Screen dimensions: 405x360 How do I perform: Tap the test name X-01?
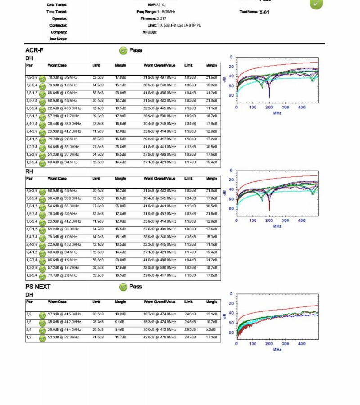pyautogui.click(x=264, y=12)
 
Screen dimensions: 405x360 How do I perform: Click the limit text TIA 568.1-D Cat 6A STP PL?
pyautogui.click(x=176, y=25)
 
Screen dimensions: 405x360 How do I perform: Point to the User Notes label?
pyautogui.click(x=58, y=39)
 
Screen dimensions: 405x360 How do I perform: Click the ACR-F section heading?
pyautogui.click(x=34, y=50)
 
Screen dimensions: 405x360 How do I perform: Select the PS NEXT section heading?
pyautogui.click(x=38, y=287)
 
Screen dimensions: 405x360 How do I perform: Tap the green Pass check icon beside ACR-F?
pyautogui.click(x=123, y=50)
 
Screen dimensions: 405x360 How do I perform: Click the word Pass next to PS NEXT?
pyautogui.click(x=135, y=287)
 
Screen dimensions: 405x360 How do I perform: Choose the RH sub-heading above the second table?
pyautogui.click(x=29, y=171)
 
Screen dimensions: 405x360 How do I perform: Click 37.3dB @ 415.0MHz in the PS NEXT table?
pyautogui.click(x=64, y=314)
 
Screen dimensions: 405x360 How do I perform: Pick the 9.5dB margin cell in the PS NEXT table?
pyautogui.click(x=211, y=329)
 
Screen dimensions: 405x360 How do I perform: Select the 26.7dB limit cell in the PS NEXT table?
pyautogui.click(x=98, y=322)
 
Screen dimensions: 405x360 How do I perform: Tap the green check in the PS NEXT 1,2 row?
pyautogui.click(x=42, y=338)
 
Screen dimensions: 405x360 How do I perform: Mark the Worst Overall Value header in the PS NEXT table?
pyautogui.click(x=159, y=302)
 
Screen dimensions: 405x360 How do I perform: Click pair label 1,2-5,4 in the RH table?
pyautogui.click(x=31, y=275)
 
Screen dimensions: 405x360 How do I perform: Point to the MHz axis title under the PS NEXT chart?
pyautogui.click(x=277, y=349)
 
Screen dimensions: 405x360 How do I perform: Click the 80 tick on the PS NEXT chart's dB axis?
pyautogui.click(x=231, y=332)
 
